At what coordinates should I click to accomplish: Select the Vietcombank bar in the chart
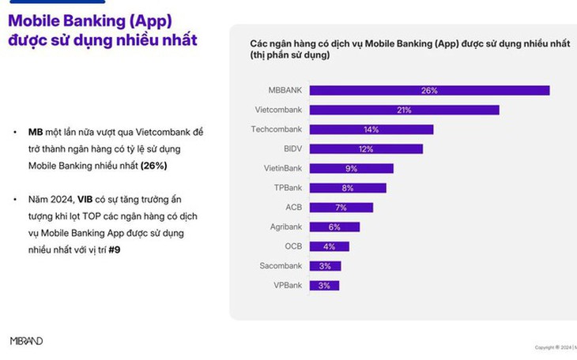405,110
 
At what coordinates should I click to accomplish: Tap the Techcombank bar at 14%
371,129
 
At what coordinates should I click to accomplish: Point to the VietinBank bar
352,168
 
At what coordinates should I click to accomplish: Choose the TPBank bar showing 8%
348,188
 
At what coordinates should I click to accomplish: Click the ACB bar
341,207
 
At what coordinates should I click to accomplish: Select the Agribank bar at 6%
335,227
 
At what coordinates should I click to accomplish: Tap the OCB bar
329,246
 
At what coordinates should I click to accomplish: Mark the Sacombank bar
325,265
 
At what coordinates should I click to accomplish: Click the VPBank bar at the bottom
324,285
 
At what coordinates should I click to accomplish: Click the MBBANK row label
285,91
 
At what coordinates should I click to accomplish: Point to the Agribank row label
285,227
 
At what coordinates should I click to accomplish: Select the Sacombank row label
281,265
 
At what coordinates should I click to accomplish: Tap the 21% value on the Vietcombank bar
405,110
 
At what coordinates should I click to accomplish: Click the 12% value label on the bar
366,148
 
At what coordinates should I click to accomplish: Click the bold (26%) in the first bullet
154,167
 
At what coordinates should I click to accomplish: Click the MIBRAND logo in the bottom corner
26,341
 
